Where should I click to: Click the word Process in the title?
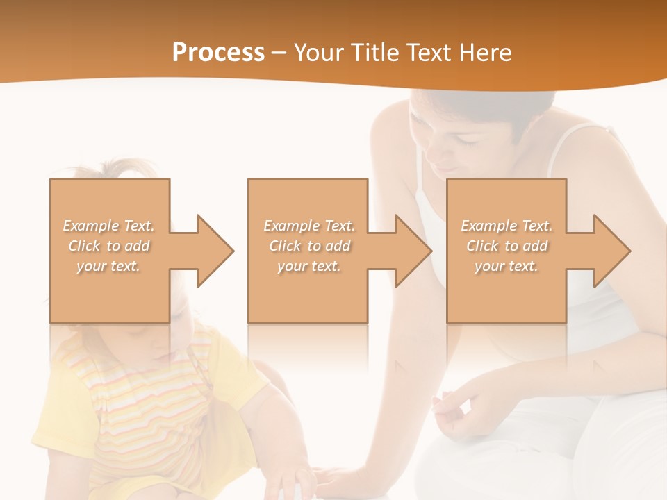[218, 53]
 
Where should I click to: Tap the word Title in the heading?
[374, 53]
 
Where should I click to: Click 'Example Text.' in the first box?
[109, 226]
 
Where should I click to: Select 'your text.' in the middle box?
[309, 266]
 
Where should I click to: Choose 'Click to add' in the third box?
[507, 246]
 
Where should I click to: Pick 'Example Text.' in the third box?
[507, 226]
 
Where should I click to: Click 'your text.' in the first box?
[109, 266]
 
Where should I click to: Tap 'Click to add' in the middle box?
[309, 246]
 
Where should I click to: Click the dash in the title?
[279, 53]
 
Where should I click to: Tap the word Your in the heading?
[322, 53]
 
